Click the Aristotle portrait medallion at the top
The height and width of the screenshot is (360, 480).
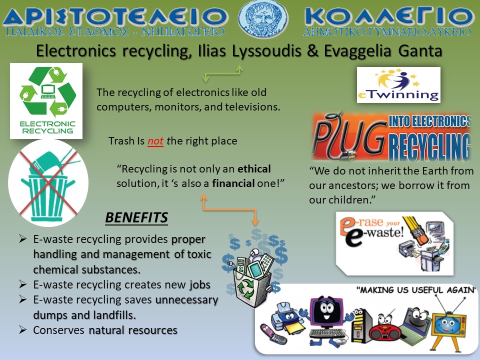pos(263,18)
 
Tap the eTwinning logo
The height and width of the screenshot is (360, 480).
pos(398,85)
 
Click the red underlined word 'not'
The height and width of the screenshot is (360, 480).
pos(155,141)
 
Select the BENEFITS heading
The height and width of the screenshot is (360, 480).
pos(136,217)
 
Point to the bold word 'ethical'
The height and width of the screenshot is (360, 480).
pos(254,169)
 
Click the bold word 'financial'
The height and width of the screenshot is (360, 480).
pos(233,183)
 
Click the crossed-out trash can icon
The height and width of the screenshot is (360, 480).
pos(48,183)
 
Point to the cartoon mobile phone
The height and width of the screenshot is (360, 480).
pos(273,334)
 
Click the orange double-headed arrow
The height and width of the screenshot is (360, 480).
pos(229,209)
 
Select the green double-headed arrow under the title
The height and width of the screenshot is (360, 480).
pos(222,73)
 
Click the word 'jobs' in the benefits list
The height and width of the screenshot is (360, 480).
pos(200,285)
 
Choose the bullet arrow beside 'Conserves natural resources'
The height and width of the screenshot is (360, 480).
pos(22,329)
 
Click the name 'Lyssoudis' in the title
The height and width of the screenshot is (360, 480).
pos(266,51)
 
